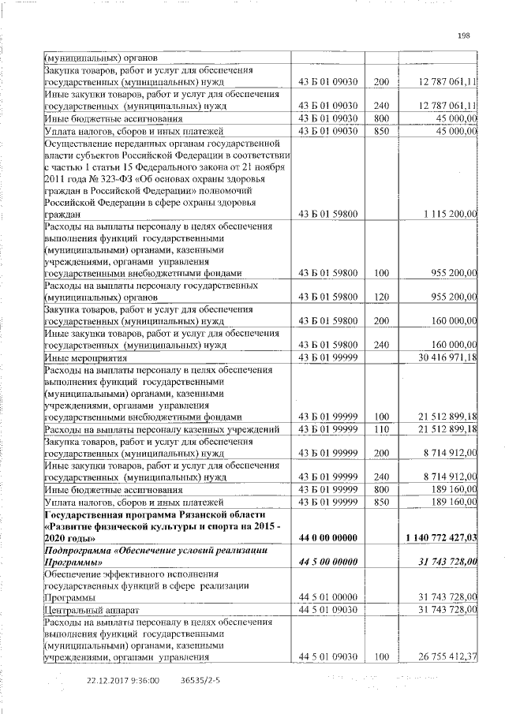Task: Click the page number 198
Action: (464, 35)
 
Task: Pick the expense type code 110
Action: (382, 429)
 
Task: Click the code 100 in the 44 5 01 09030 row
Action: (382, 656)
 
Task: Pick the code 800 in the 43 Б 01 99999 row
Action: (382, 489)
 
